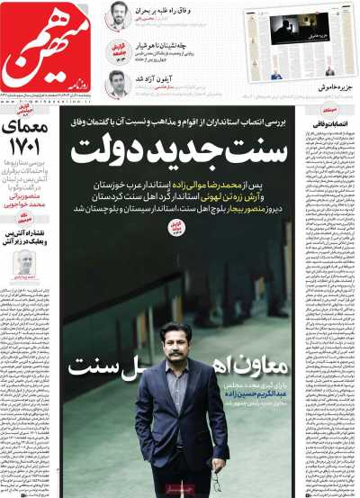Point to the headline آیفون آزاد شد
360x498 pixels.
(x=161, y=78)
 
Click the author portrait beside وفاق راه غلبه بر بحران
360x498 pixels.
(x=117, y=16)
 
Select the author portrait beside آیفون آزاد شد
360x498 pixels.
(x=117, y=84)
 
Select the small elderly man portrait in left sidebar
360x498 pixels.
(x=25, y=263)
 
